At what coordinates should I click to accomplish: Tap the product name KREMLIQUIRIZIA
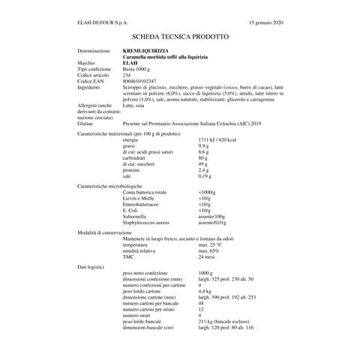click(x=146, y=50)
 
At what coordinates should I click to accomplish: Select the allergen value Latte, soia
click(x=136, y=106)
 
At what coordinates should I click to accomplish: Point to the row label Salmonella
click(x=136, y=217)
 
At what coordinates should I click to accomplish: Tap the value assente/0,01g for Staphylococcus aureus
click(x=212, y=223)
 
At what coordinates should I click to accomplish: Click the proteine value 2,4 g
click(x=203, y=169)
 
